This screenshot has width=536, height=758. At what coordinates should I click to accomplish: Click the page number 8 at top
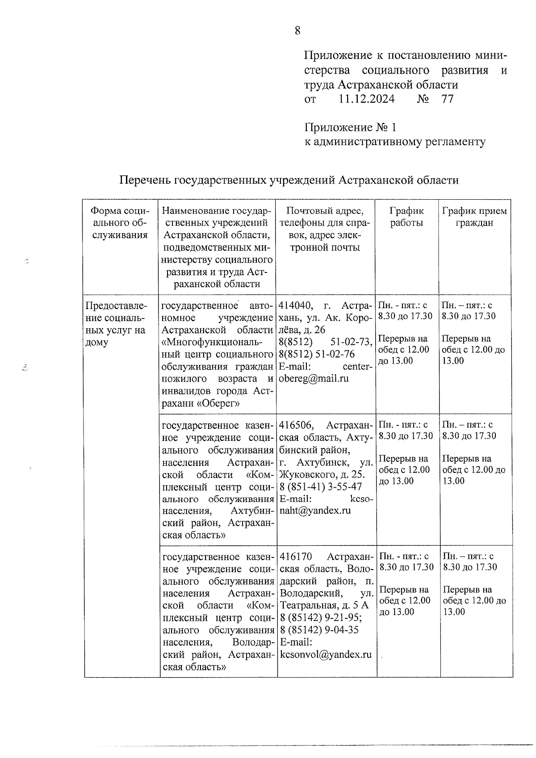(x=297, y=30)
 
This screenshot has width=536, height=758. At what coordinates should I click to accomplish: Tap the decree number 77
(x=447, y=99)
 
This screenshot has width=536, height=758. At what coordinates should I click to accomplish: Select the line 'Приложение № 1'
(x=350, y=128)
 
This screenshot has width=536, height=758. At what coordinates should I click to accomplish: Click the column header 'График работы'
(x=406, y=217)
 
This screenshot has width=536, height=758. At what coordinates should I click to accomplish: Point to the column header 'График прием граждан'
(x=474, y=217)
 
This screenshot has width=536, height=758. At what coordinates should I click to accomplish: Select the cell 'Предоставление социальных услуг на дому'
(x=116, y=324)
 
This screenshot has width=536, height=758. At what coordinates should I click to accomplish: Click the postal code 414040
(x=295, y=306)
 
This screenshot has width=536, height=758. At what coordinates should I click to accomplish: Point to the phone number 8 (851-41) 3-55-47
(x=320, y=486)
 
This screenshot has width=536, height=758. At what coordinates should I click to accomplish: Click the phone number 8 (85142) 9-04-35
(x=318, y=630)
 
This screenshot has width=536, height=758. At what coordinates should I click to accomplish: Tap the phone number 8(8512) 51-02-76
(x=316, y=354)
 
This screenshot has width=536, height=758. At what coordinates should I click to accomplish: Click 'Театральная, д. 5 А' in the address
(x=324, y=606)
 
